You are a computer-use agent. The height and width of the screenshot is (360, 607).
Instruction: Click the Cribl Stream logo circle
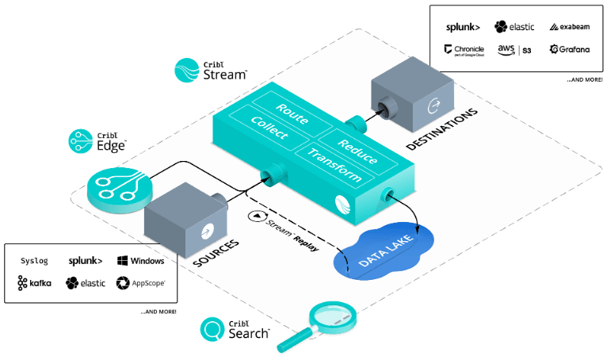[x=186, y=71]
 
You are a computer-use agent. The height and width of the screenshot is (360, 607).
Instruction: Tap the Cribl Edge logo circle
[x=80, y=141]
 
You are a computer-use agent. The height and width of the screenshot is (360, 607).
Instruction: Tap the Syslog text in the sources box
[x=33, y=260]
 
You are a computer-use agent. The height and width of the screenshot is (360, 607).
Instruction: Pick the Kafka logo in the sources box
[x=34, y=282]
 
